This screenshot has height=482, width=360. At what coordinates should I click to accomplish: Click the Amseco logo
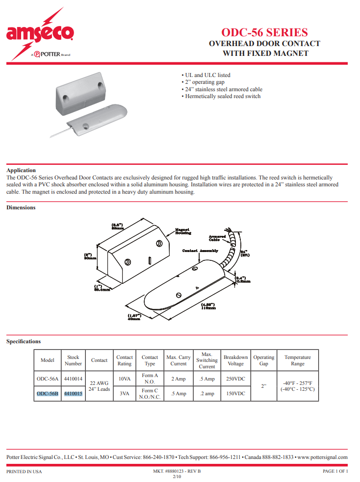[x=40, y=33]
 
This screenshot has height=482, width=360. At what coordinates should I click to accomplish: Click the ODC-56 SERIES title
[x=265, y=32]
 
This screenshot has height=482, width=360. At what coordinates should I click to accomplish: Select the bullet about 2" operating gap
[x=203, y=82]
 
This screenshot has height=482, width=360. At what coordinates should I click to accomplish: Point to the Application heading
[x=21, y=170]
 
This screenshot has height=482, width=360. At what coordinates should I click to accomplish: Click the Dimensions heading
[x=21, y=207]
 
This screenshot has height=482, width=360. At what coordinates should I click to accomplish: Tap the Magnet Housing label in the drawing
[x=183, y=231]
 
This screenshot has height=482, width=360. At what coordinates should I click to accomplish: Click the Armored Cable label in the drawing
[x=217, y=238]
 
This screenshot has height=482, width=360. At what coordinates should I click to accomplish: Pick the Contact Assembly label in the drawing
[x=200, y=251]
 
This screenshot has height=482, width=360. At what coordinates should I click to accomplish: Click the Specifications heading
[x=24, y=341]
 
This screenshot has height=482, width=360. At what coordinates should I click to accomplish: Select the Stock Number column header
[x=73, y=360]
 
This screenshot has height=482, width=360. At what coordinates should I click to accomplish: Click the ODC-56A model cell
[x=48, y=379]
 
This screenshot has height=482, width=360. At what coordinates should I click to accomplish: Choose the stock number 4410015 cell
[x=73, y=393]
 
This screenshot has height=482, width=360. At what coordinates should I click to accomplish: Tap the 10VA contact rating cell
[x=124, y=379]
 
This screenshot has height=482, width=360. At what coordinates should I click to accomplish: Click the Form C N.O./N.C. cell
[x=150, y=393]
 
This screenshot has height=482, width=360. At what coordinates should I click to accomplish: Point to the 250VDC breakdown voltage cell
[x=235, y=379]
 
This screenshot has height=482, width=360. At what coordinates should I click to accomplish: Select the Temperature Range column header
[x=297, y=360]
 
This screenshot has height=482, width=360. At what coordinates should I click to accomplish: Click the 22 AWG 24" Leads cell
[x=99, y=386]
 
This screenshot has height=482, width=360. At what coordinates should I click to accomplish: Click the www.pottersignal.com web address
[x=322, y=457]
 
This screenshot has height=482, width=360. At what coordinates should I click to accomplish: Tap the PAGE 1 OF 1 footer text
[x=335, y=471]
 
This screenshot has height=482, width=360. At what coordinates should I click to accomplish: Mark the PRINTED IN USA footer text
[x=24, y=471]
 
